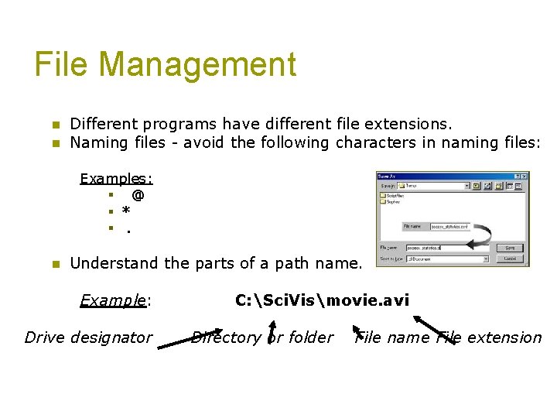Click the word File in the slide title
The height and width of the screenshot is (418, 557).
(63, 65)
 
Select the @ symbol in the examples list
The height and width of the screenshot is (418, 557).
(138, 196)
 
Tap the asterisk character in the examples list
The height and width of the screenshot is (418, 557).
(126, 212)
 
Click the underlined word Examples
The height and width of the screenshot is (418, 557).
(116, 179)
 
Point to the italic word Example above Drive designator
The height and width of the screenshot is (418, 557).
(114, 300)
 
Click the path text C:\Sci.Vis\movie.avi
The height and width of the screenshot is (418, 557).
(322, 300)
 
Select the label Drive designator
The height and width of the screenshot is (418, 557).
(89, 337)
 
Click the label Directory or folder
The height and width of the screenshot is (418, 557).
(262, 337)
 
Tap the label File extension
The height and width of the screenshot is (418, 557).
(490, 337)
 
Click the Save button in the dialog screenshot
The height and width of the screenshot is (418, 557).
(509, 248)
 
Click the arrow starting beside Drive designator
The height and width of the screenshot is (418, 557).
(190, 341)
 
